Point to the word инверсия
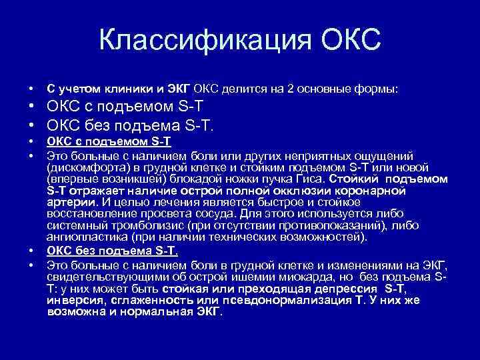pyautogui.click(x=74, y=299)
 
